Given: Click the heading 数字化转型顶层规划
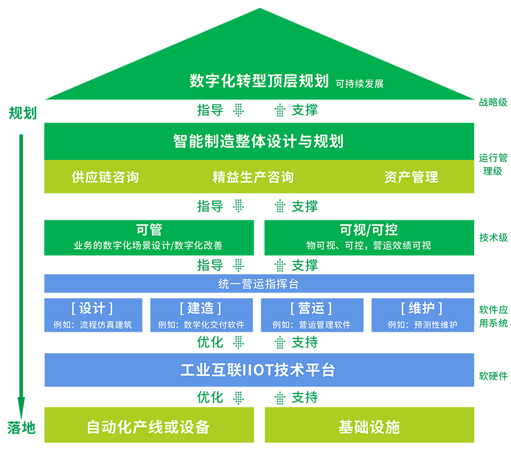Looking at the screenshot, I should pyautogui.click(x=259, y=81).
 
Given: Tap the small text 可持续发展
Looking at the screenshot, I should pyautogui.click(x=359, y=83).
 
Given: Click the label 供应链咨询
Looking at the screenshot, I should pyautogui.click(x=105, y=177).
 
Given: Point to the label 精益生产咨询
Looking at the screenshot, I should pyautogui.click(x=253, y=177).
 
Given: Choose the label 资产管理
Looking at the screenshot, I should pyautogui.click(x=411, y=177).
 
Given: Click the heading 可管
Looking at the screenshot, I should pyautogui.click(x=149, y=229).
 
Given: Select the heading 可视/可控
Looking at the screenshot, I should pyautogui.click(x=368, y=229).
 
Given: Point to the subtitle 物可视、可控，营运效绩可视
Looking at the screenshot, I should pyautogui.click(x=368, y=245).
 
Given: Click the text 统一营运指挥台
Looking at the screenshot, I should pyautogui.click(x=258, y=283).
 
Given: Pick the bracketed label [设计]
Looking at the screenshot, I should pyautogui.click(x=92, y=308).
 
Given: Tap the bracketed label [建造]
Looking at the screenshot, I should pyautogui.click(x=200, y=308).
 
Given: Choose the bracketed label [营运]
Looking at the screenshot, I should pyautogui.click(x=311, y=308).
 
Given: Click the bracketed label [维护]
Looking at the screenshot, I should pyautogui.click(x=421, y=308).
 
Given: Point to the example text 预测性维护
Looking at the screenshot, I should pyautogui.click(x=435, y=325).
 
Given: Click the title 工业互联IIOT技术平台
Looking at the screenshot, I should pyautogui.click(x=258, y=370).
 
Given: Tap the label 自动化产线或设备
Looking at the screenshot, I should pyautogui.click(x=148, y=427).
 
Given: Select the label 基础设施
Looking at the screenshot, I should pyautogui.click(x=369, y=427).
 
